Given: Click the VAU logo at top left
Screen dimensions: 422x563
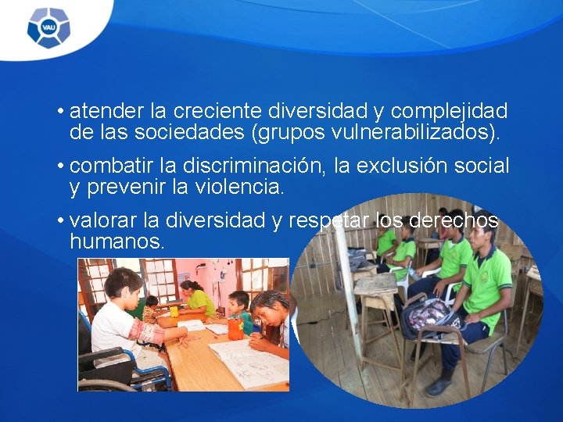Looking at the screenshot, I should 48,28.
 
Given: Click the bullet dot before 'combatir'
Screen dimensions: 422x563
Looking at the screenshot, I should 60,166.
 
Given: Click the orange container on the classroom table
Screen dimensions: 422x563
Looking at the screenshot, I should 235,327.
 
